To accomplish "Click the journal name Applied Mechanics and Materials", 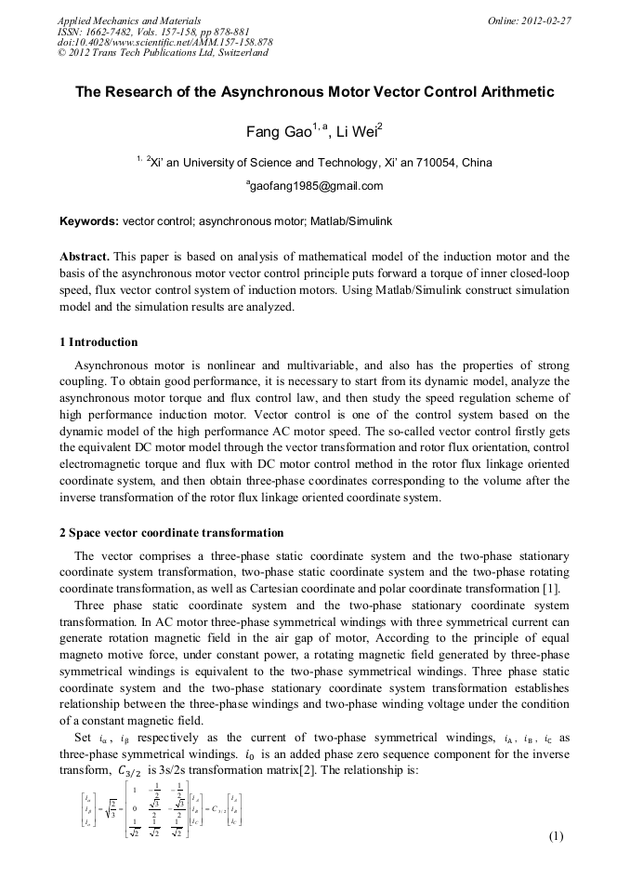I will pos(129,20).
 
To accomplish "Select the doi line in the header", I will pos(164,42).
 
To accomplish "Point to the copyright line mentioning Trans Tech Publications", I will pos(163,53).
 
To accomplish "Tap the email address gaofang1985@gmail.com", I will pos(316,186).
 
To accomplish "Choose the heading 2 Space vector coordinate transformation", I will pos(172,533).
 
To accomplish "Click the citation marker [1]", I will pos(551,588).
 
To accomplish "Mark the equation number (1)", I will pos(557,835).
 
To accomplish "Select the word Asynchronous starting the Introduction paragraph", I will pos(111,365).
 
